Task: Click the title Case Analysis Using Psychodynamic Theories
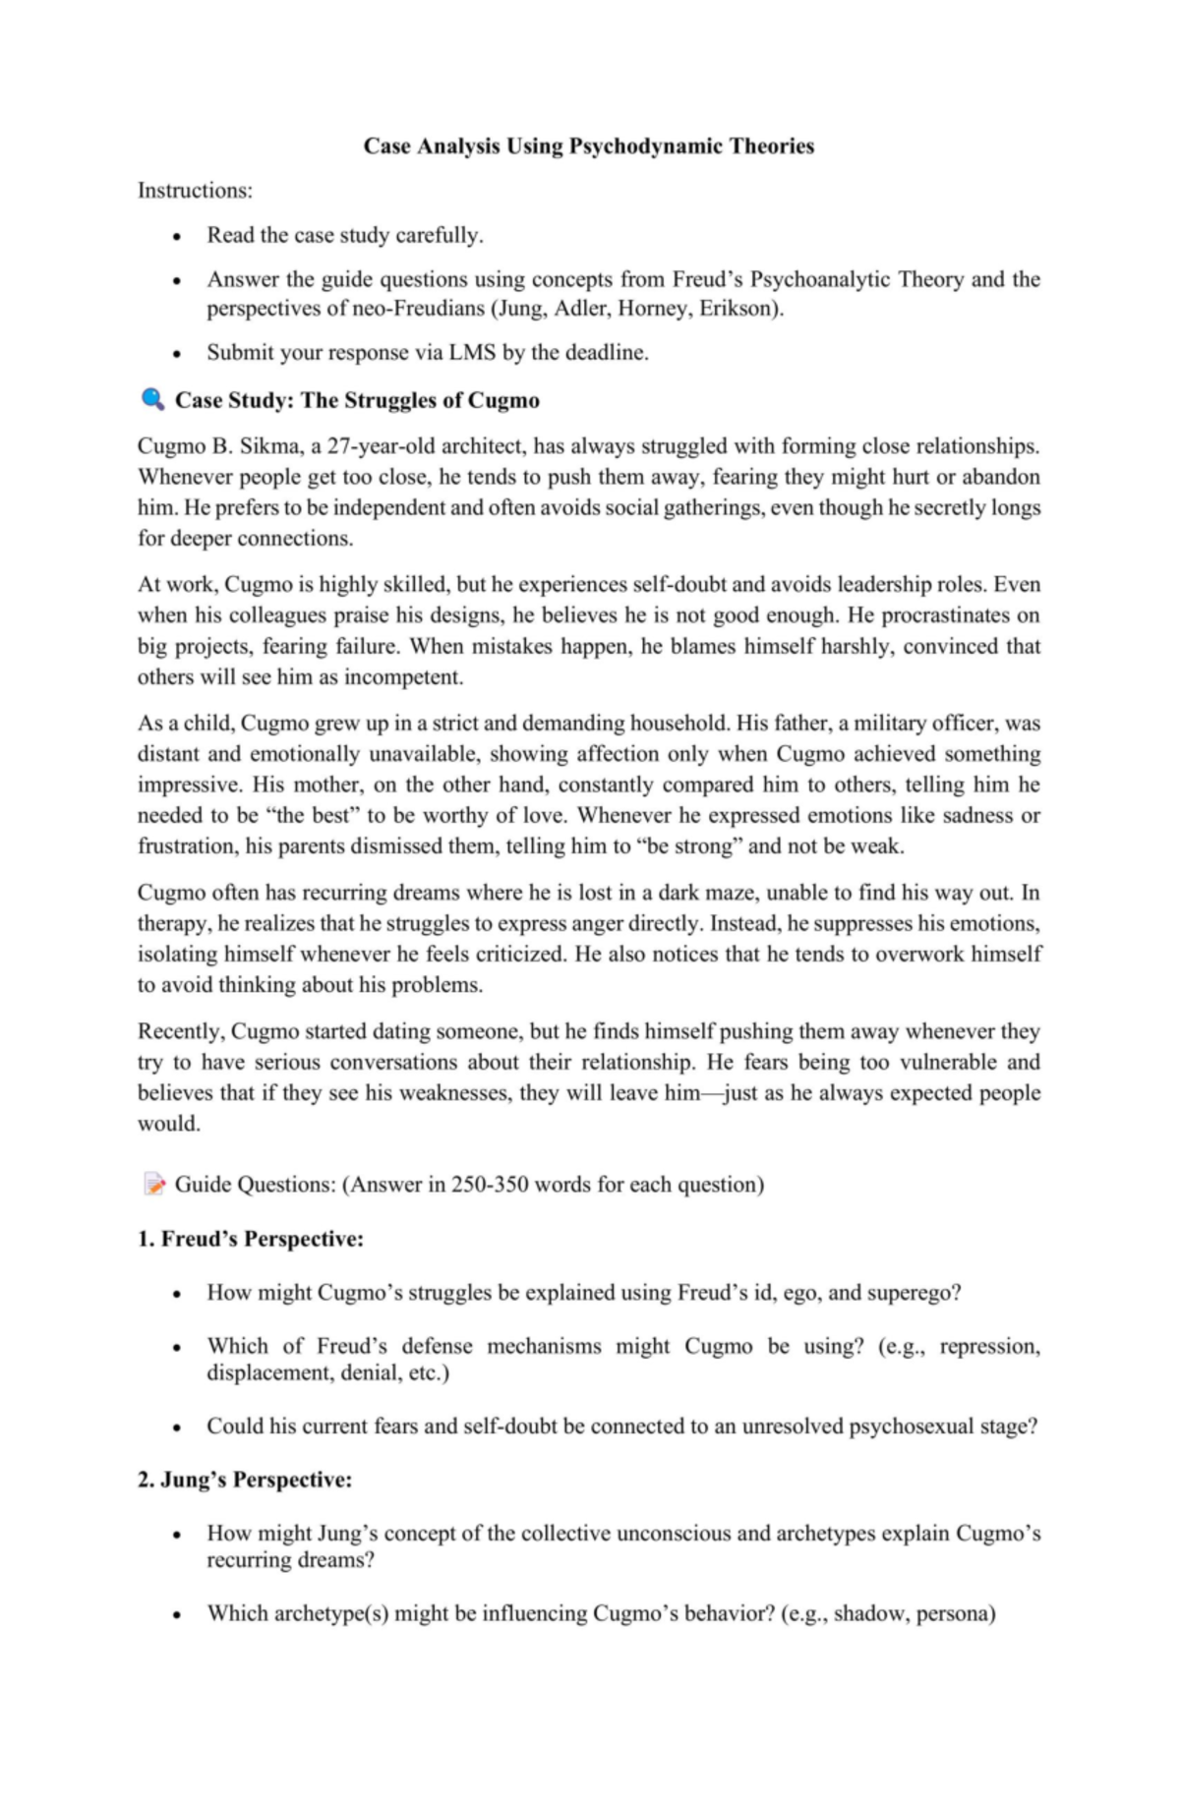point(588,146)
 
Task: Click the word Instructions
point(194,190)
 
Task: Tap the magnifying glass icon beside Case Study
point(152,399)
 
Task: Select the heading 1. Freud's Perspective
point(251,1239)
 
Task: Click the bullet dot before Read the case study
point(176,237)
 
